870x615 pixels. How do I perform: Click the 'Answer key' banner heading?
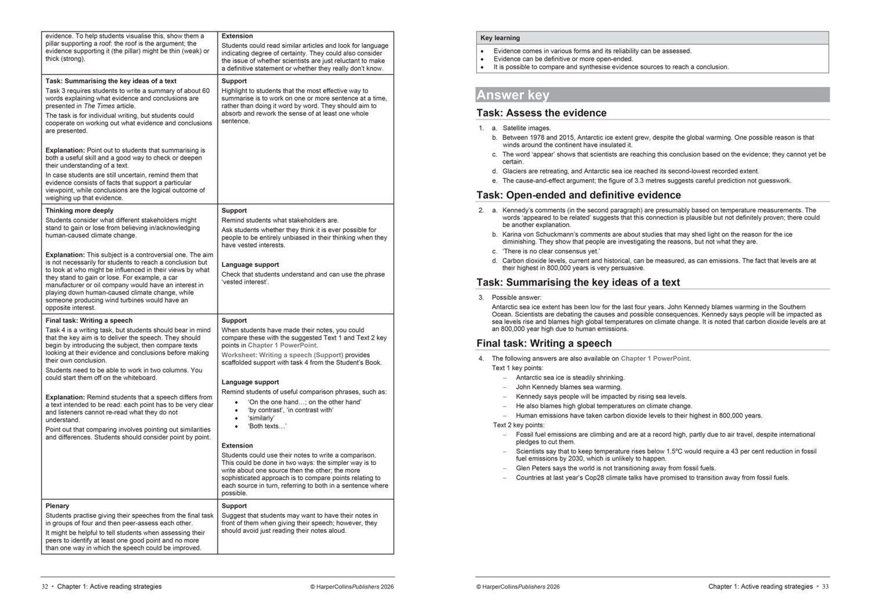click(513, 95)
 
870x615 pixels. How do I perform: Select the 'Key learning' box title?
click(500, 38)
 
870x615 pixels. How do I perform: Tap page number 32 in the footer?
click(45, 587)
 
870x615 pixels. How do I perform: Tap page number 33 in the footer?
click(825, 587)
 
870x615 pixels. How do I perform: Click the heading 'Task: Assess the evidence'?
click(541, 113)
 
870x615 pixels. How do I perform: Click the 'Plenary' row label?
click(57, 506)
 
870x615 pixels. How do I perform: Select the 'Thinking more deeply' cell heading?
click(79, 210)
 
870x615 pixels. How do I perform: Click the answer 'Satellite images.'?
click(527, 128)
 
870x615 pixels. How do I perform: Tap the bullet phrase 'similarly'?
click(261, 418)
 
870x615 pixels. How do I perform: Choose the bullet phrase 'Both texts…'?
click(267, 426)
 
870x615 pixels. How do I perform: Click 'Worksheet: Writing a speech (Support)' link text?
click(282, 355)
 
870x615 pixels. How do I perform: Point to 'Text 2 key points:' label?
click(518, 425)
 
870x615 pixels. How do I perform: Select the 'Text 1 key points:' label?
click(517, 368)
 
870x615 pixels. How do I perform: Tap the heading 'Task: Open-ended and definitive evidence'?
click(578, 195)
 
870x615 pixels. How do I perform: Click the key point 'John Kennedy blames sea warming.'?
click(568, 387)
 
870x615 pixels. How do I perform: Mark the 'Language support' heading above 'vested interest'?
click(250, 265)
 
